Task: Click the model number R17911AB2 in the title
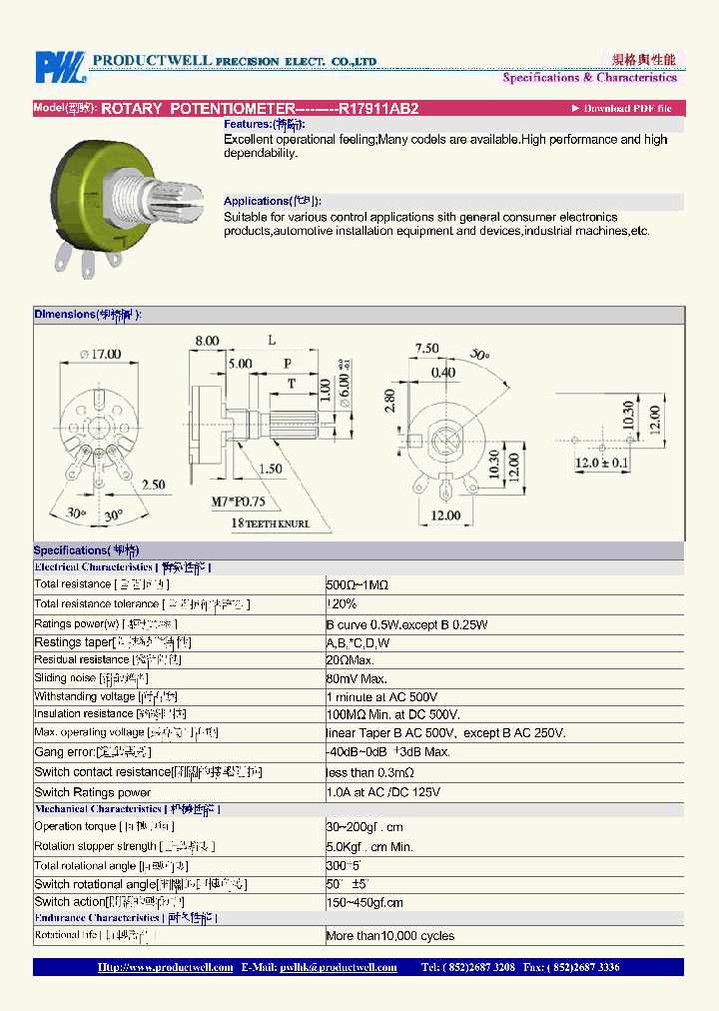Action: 378,108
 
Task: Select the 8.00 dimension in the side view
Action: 207,341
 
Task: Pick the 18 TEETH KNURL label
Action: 271,522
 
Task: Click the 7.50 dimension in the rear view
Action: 426,349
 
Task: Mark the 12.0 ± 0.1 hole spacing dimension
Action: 601,463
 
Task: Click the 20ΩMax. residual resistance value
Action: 350,660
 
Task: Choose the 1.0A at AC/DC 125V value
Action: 382,792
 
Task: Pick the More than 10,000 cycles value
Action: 389,936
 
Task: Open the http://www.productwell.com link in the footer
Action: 165,967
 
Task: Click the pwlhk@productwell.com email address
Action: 339,967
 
